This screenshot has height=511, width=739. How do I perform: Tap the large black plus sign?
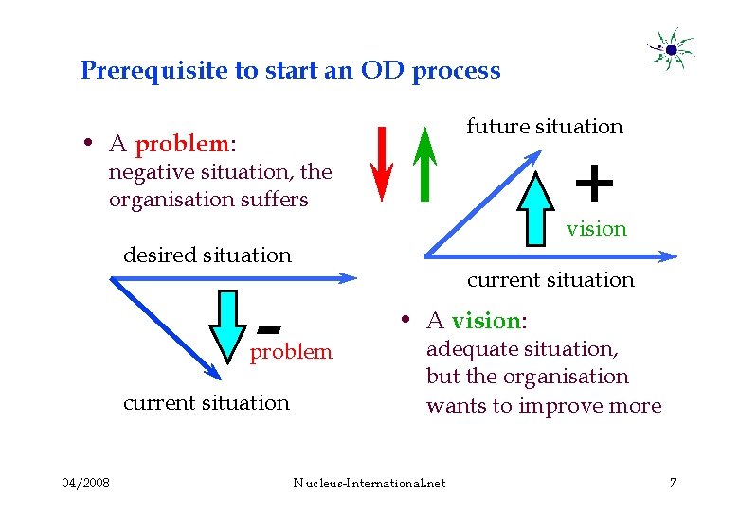coord(594,183)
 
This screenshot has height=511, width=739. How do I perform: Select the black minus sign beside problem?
coord(269,328)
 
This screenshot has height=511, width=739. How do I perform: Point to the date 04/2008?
coord(85,484)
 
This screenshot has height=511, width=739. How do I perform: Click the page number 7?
coord(673,484)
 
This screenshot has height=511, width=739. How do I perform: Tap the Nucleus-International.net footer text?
coord(369,484)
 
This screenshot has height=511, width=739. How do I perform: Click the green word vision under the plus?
coord(597,229)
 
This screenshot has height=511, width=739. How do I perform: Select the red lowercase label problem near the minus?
coord(291,352)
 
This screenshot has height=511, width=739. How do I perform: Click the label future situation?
coord(545,127)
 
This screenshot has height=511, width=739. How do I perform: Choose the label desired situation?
coord(207,255)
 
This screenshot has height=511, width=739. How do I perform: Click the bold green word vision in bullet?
coord(486,320)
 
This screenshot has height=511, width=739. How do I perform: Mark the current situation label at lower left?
coord(207,403)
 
